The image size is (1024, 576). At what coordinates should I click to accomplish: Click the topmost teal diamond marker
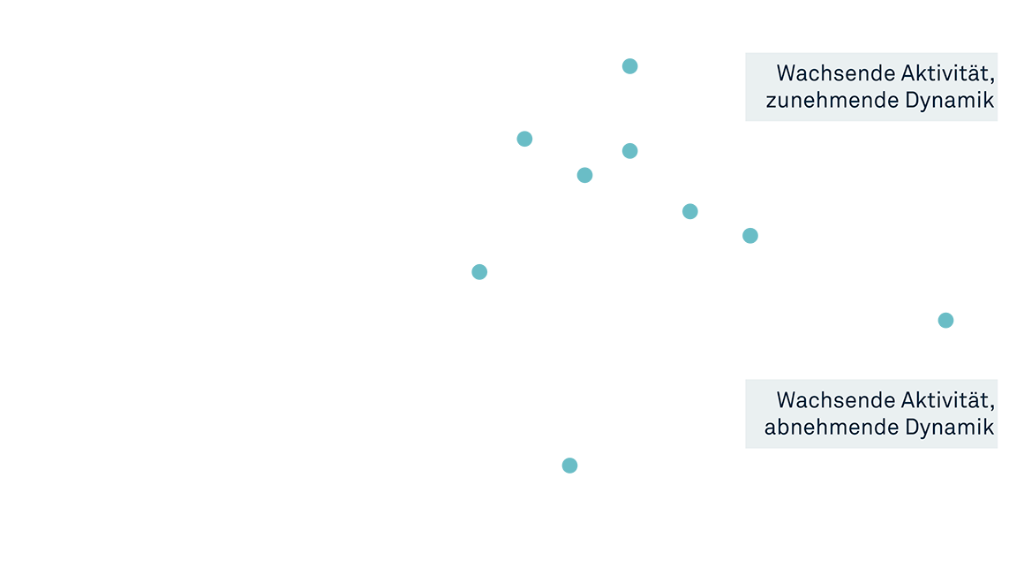[x=636, y=66]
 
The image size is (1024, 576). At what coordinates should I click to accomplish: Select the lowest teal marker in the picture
[x=569, y=471]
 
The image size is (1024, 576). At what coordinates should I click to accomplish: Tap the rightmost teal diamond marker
[x=952, y=320]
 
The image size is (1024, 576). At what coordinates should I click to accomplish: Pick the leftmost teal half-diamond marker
[x=479, y=274]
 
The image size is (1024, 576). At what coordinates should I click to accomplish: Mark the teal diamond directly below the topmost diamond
[x=625, y=151]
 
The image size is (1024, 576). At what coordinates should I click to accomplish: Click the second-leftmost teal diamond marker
[x=530, y=136]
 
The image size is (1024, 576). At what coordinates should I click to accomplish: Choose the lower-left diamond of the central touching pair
[x=591, y=174]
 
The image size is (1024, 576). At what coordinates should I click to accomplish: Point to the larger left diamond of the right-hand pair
[x=696, y=211]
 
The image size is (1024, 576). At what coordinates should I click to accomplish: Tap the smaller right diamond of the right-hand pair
[x=744, y=231]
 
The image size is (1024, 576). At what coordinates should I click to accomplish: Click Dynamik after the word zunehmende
[x=950, y=101]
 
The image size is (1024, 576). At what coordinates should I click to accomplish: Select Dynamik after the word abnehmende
[x=950, y=428]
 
